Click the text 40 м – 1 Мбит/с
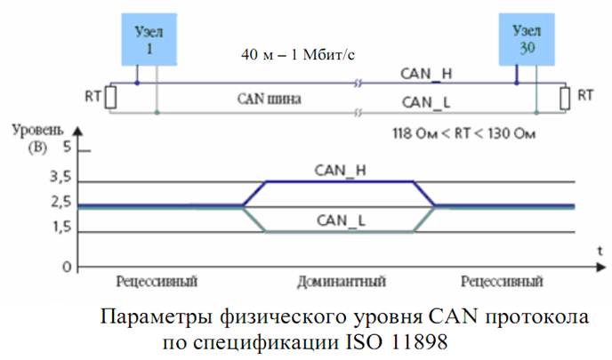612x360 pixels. (297, 54)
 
